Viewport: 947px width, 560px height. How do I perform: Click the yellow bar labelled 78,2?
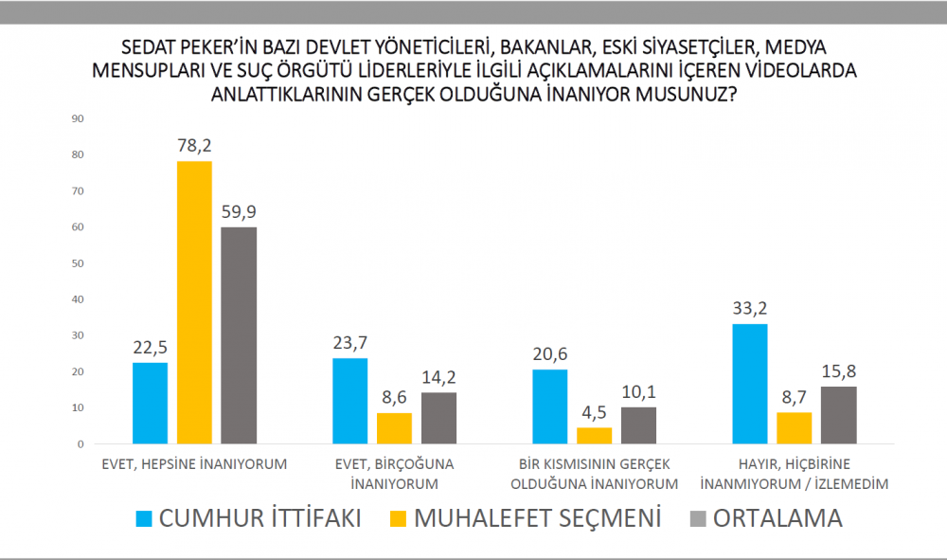coord(194,302)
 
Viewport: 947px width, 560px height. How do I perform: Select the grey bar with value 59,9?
coord(238,335)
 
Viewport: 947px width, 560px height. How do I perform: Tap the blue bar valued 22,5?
coord(151,403)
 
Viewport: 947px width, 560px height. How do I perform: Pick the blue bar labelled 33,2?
coord(750,384)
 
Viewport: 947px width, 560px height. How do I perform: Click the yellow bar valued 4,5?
coord(594,436)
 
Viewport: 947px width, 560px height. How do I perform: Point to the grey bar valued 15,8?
coord(838,415)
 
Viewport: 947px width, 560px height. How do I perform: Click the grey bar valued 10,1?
coord(638,425)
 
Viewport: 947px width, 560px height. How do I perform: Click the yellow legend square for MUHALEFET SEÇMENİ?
coord(400,519)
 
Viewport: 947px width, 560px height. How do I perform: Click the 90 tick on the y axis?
coord(79,118)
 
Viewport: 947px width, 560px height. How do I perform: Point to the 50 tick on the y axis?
coord(79,263)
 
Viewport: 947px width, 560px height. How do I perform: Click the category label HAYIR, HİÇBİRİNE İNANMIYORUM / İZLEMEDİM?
coord(794,473)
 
